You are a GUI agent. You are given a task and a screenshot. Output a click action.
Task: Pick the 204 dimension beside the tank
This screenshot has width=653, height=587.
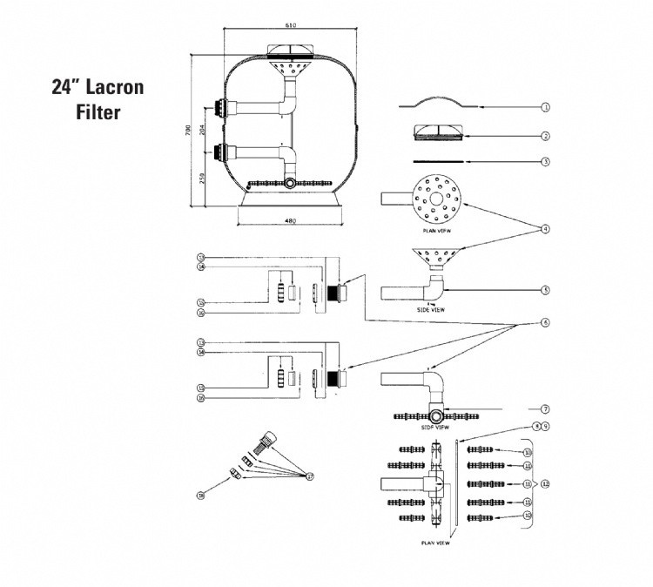point(203,131)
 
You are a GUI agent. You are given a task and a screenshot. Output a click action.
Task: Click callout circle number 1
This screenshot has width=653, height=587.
point(545,108)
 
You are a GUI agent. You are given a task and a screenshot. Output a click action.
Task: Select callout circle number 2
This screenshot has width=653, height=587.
point(545,135)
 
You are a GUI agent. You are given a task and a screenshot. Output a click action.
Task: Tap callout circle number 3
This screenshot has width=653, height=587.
point(545,161)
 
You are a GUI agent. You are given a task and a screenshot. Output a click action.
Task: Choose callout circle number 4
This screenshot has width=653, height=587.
point(545,229)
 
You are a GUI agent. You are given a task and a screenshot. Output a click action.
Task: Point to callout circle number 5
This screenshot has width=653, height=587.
point(545,290)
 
